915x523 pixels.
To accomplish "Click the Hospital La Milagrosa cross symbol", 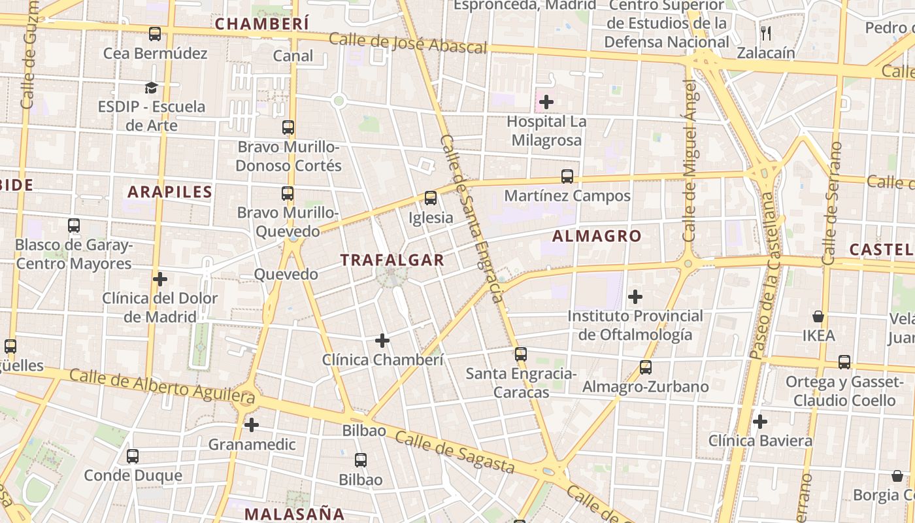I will pos(546,102).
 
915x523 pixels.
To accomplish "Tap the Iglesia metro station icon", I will pos(430,197).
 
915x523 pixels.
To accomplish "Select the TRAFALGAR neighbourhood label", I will pos(392,260).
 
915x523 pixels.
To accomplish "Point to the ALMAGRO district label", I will pos(597,236).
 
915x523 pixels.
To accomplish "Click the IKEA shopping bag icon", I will pos(818,317).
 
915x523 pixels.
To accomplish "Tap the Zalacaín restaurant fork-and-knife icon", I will pos(766,33).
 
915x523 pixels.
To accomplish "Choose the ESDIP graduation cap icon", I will pos(152,88).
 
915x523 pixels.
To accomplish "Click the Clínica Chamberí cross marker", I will pos(382,341).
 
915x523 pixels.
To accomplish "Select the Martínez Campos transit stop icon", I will pos(567,177).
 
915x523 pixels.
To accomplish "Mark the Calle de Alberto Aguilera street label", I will pos(161,385).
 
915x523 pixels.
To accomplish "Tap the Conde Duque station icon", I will pos(133,456).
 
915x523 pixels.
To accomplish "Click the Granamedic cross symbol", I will pos(252,425).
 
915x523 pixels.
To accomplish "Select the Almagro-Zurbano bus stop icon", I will pos(646,367).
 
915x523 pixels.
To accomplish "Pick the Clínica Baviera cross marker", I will pos(759,422).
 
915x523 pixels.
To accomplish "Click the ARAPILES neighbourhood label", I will pos(170,192).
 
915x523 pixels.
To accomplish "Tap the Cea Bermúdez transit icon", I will pos(155,34).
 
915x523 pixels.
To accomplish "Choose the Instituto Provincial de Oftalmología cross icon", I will pos(635,297).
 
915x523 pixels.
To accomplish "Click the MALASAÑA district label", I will pos(294,513).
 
